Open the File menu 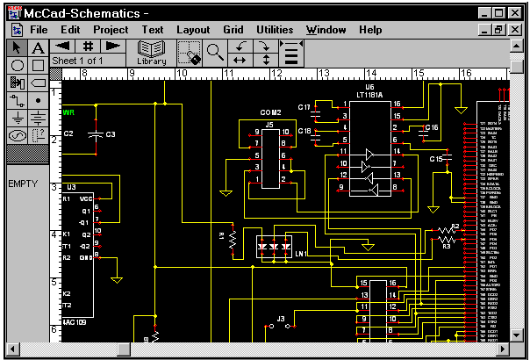pos(39,30)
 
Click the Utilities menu pos(275,30)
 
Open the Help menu pos(370,30)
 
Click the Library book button pos(152,52)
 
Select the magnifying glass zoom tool pos(215,52)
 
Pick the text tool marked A pos(38,47)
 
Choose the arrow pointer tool pos(17,47)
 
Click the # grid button pos(88,46)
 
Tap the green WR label pos(68,113)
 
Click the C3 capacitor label pos(111,134)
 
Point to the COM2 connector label pos(270,113)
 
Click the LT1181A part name pos(371,94)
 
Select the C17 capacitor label pos(304,107)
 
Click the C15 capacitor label pos(435,159)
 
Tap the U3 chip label pos(71,187)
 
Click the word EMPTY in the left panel pos(22,184)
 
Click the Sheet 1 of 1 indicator pos(78,61)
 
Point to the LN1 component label pos(301,255)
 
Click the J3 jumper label pos(281,318)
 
